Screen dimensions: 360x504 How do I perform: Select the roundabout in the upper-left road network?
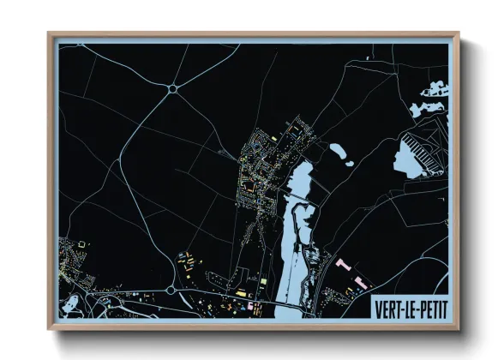(x=173, y=87)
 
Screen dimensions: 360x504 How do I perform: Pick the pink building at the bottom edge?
(x=251, y=305)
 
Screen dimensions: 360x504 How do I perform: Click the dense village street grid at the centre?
(x=257, y=171)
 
